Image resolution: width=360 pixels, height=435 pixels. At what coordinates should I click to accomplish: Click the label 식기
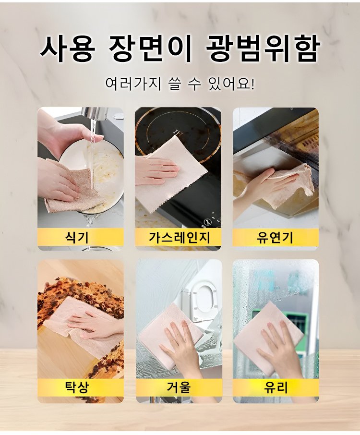click(x=76, y=237)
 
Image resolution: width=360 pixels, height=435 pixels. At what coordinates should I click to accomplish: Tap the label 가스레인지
click(x=179, y=237)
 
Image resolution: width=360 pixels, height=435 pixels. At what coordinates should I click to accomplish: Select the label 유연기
click(x=275, y=238)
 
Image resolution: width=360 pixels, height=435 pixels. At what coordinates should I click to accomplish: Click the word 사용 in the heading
click(x=67, y=48)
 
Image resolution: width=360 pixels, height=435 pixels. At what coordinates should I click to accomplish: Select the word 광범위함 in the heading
click(x=263, y=48)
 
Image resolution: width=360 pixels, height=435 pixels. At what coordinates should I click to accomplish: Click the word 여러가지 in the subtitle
click(x=133, y=83)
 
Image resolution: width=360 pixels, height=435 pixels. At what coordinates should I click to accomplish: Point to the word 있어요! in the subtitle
click(x=231, y=83)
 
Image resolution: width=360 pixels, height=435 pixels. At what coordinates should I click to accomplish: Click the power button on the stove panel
click(x=206, y=222)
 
